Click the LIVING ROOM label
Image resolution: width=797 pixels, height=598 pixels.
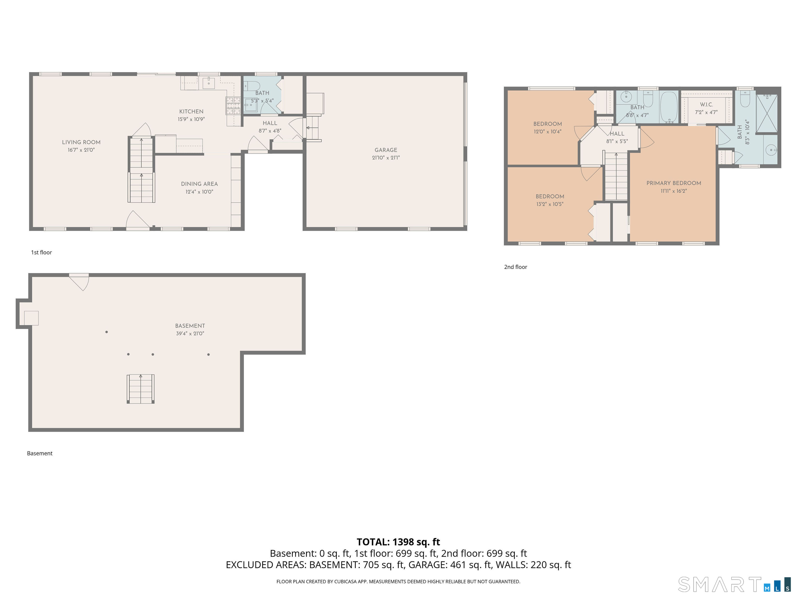tap(81, 142)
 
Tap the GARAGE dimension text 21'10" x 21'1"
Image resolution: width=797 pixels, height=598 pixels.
tap(386, 158)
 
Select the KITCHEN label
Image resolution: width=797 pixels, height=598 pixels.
tap(191, 111)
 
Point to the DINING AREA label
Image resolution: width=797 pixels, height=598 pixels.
tap(199, 184)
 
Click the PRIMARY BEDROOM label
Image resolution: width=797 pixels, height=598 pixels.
tap(674, 183)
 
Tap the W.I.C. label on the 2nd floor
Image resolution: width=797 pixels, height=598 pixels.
tap(706, 105)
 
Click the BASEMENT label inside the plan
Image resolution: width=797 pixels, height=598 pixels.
tap(190, 325)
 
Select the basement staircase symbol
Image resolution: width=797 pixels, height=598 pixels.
tap(141, 389)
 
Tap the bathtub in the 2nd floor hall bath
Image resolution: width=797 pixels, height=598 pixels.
tap(669, 107)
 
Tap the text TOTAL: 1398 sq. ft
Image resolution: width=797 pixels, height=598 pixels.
tap(398, 542)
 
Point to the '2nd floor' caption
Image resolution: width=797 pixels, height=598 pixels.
tap(515, 267)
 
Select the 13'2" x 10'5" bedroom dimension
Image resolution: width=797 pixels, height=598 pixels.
tap(549, 204)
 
